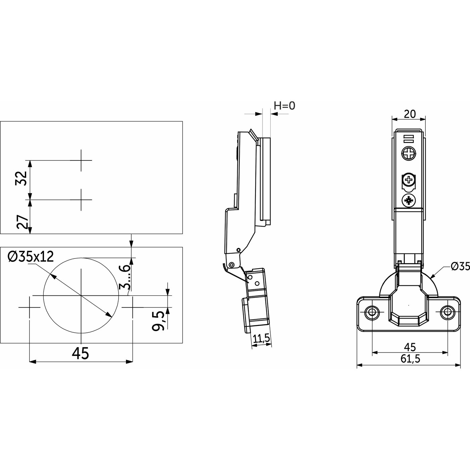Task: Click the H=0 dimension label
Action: coord(284,106)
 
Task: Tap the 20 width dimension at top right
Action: coord(409,114)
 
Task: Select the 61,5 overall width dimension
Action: coord(410,359)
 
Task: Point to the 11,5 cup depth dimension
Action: coord(262,339)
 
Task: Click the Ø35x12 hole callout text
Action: coord(31,257)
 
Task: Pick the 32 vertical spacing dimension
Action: coord(21,178)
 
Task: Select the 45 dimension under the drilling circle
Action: coord(81,354)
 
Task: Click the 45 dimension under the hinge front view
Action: coord(410,347)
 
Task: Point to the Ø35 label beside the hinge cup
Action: coord(460,266)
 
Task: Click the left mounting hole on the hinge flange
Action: coord(372,312)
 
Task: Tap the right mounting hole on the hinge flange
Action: coord(447,312)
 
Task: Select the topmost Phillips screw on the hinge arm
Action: coord(409,154)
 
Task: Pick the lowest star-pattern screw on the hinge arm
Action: coord(409,201)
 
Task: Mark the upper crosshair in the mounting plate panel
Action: coord(81,160)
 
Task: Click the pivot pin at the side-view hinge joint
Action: coord(232,265)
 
